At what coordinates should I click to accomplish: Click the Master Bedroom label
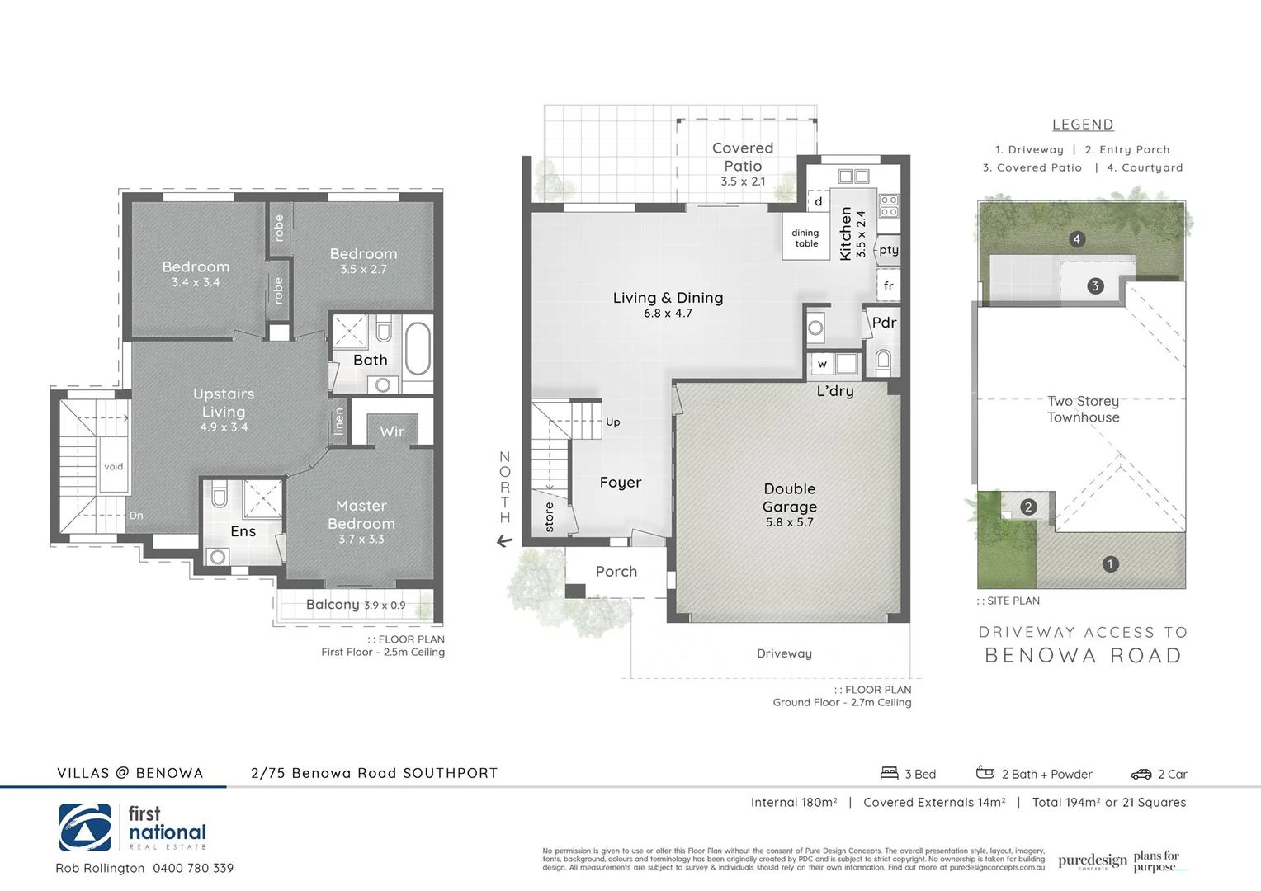[361, 515]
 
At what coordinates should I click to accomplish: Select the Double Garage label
[790, 497]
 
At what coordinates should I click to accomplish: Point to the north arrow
[504, 542]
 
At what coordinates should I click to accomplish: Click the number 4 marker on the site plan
[1076, 239]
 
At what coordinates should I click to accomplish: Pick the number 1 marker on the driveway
[1110, 564]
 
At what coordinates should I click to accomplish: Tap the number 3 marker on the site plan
[1095, 286]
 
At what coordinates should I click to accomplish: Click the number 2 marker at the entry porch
[1028, 507]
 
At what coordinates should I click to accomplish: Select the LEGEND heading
[1083, 125]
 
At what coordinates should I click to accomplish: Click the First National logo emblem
[85, 827]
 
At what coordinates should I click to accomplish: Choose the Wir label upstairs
[392, 431]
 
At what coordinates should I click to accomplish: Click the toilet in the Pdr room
[883, 360]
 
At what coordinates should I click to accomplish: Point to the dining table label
[805, 238]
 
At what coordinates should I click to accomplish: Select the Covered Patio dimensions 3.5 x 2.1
[743, 181]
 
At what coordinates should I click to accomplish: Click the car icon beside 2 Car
[1141, 774]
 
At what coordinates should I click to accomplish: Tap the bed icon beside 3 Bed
[889, 773]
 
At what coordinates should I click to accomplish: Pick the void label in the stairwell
[113, 466]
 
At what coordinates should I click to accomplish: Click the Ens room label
[243, 531]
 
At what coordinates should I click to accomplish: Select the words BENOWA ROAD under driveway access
[1083, 656]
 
